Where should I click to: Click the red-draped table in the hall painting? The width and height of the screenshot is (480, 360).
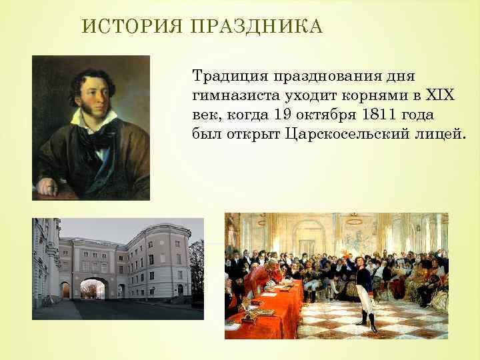[x=267, y=307]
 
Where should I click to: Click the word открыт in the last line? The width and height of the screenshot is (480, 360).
[x=249, y=133]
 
